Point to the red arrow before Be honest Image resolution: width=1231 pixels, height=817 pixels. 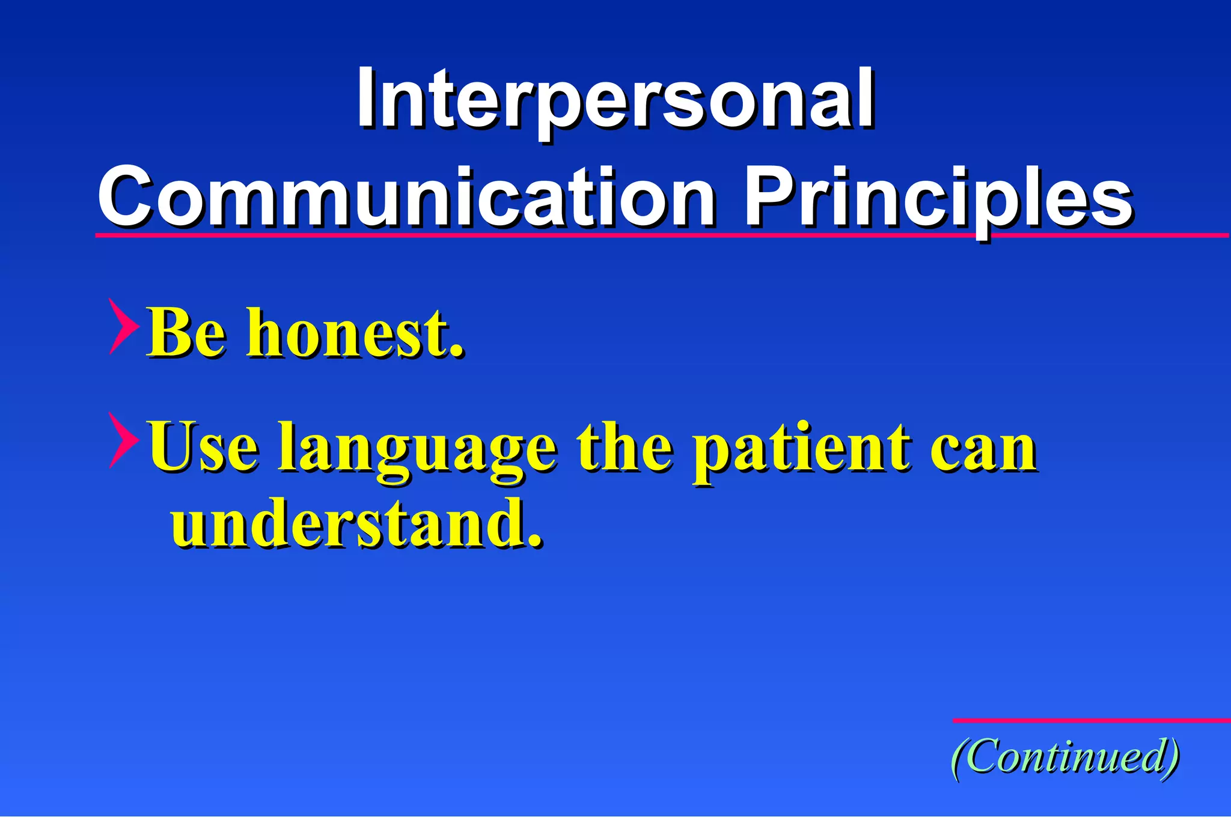coord(123,326)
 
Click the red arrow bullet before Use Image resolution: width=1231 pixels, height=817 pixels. coord(123,440)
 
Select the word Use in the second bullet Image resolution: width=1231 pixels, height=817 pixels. coord(204,448)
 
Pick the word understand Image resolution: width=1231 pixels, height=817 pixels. coord(349,523)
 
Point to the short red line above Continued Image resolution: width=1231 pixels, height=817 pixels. coord(1091,720)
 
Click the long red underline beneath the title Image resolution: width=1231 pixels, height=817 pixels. coord(661,235)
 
